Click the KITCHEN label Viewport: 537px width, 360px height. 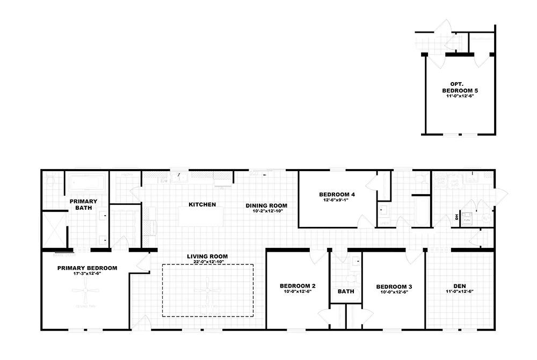coord(202,204)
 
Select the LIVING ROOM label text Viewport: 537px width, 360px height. coord(207,256)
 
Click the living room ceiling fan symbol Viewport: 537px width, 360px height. coord(207,292)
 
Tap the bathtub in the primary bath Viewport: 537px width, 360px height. coord(86,182)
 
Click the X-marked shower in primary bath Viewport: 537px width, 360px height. coord(54,231)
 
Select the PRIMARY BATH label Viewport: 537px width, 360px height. coord(83,204)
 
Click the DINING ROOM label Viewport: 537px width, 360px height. coord(266,205)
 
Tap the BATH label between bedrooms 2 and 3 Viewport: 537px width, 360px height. coord(346,292)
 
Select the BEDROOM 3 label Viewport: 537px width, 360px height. coord(394,286)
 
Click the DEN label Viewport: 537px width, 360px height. coord(459,286)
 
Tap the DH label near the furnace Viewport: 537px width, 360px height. coord(457,217)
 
